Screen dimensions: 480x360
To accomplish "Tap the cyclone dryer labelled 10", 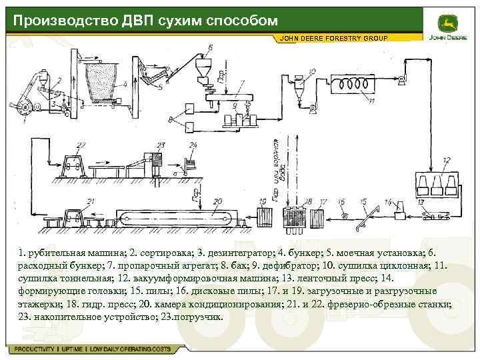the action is tap(298, 87).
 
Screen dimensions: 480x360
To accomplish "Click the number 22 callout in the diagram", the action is tap(81, 144).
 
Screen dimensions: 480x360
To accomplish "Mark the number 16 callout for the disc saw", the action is tap(342, 200).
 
